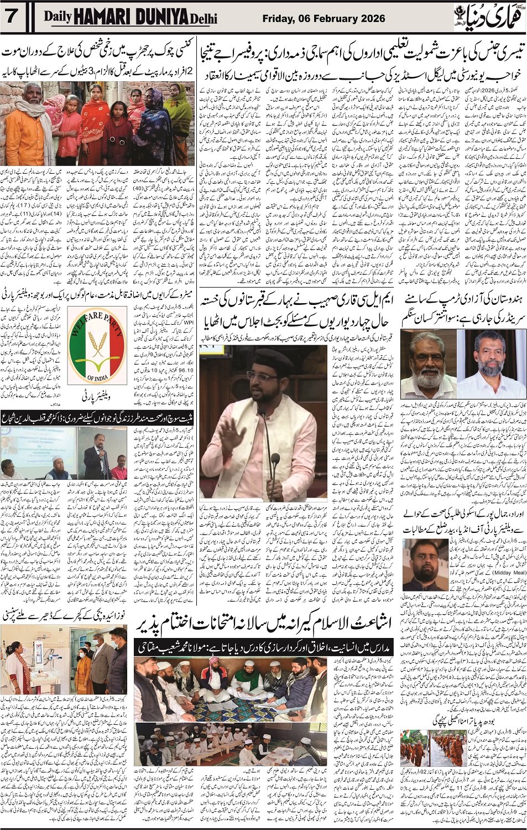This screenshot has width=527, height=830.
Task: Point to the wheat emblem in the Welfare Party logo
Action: tap(97, 349)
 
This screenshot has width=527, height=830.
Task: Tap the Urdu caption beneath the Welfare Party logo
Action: tap(97, 397)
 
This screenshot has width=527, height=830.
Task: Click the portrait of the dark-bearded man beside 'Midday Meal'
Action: tap(425, 564)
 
